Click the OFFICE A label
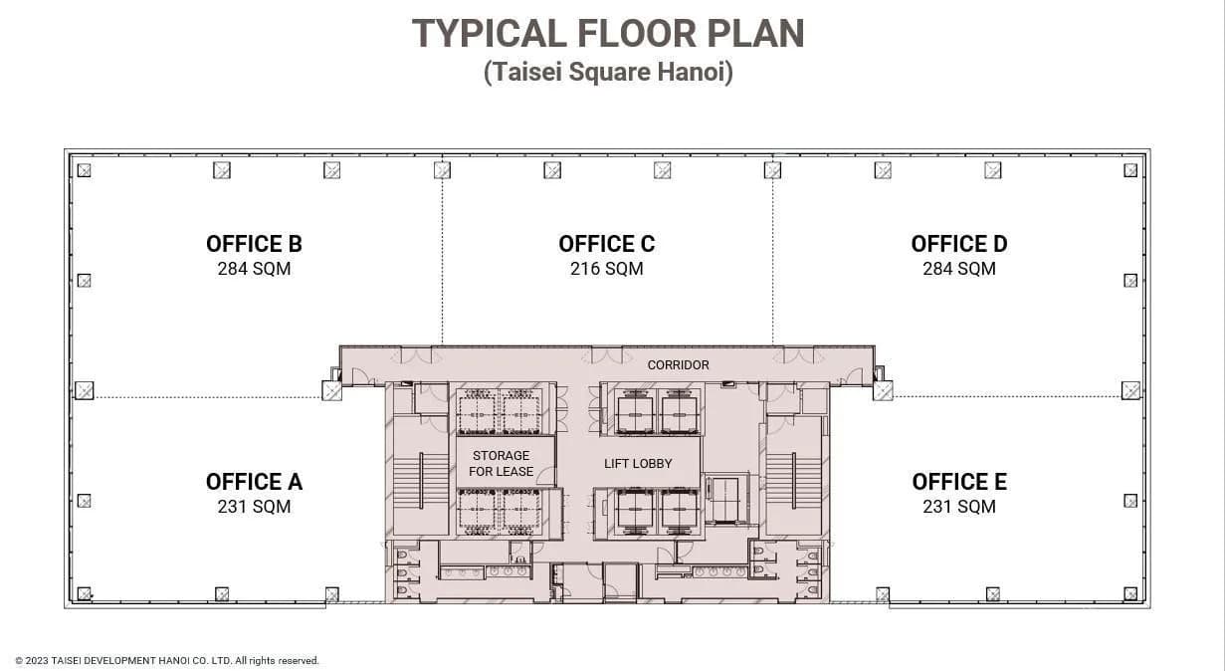[x=255, y=482]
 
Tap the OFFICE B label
[x=255, y=244]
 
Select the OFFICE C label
[x=606, y=244]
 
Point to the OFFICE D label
[x=959, y=244]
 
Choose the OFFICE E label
[x=959, y=482]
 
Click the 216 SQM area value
[x=606, y=269]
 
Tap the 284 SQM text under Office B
[x=255, y=269]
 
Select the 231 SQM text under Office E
[x=959, y=507]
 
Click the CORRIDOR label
[x=678, y=365]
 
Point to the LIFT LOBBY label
[x=638, y=464]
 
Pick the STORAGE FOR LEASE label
[x=501, y=464]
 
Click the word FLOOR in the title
[x=637, y=34]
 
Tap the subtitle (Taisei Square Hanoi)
[x=608, y=72]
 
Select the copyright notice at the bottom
[x=167, y=661]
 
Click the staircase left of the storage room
[x=421, y=480]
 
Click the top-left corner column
[x=85, y=171]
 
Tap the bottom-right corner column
[x=1130, y=593]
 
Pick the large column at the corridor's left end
[x=331, y=391]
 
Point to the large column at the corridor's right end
[x=883, y=391]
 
